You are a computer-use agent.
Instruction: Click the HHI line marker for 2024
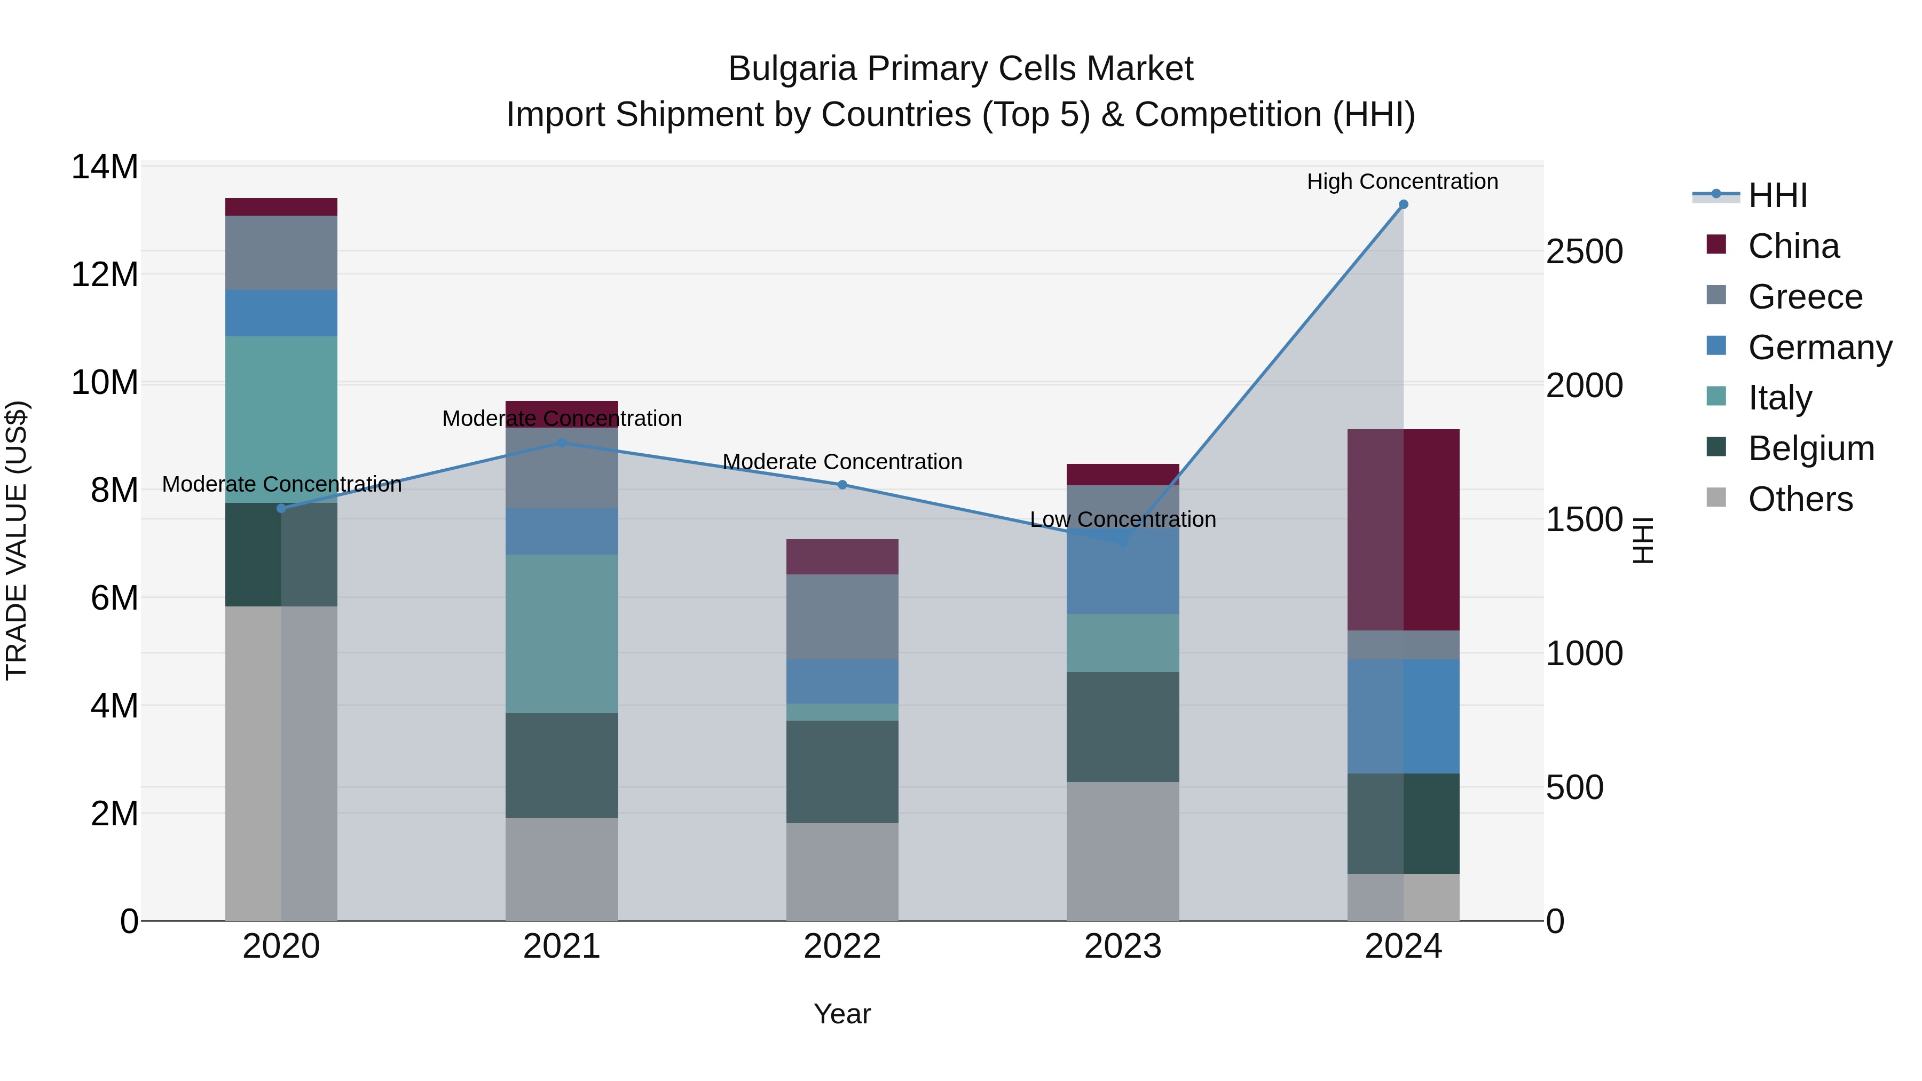click(1403, 204)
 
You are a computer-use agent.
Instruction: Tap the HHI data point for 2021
click(562, 443)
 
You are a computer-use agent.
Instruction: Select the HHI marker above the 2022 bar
click(842, 485)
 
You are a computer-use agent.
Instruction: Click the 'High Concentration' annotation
click(1402, 182)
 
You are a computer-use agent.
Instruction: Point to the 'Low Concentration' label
click(1122, 519)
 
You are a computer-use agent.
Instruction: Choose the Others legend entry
click(1800, 499)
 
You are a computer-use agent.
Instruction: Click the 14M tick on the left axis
click(105, 167)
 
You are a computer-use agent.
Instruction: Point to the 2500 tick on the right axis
click(1584, 251)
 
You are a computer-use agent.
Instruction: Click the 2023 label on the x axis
click(1122, 946)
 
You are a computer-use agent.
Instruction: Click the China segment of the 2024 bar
click(1403, 530)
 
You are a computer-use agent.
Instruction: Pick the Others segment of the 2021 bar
click(562, 869)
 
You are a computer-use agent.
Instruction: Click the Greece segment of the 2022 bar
click(842, 617)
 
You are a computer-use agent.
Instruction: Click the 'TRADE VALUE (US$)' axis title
click(17, 540)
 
